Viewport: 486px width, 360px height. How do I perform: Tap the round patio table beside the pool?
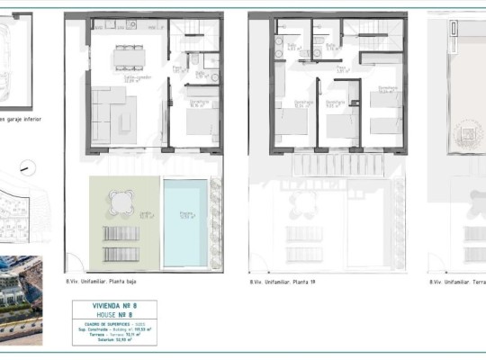click(120, 203)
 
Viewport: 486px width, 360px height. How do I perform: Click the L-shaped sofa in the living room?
click(112, 114)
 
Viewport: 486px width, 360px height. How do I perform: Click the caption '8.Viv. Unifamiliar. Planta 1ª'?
click(285, 282)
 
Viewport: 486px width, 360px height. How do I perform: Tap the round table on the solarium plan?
click(468, 135)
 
